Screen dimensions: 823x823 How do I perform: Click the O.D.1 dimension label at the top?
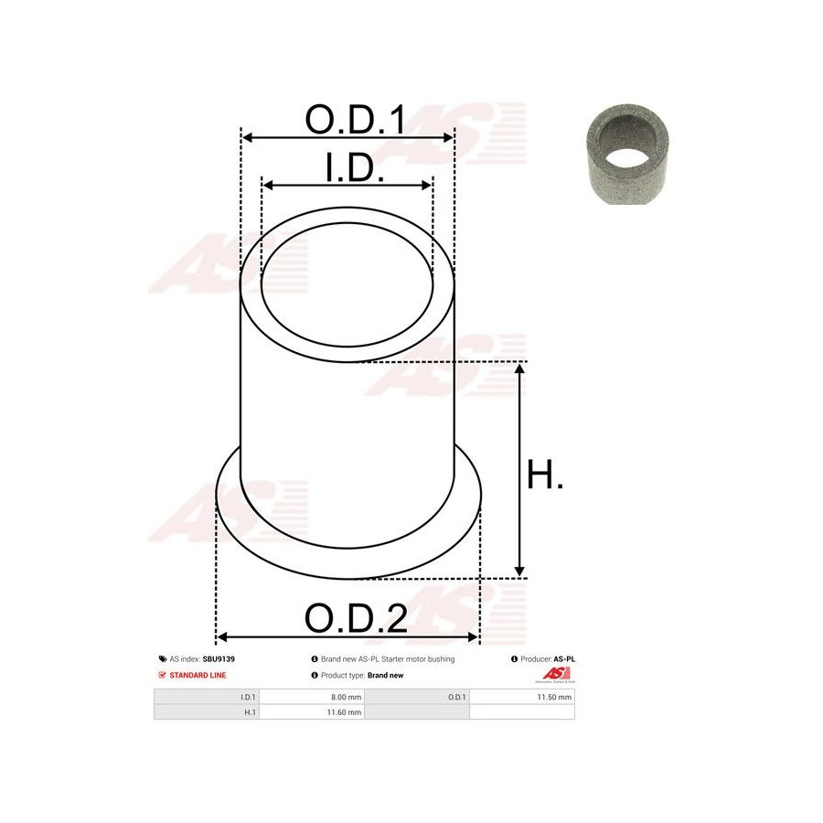[x=355, y=119]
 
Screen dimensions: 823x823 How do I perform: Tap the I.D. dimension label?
[x=355, y=168]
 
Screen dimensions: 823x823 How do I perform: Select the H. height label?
[x=544, y=475]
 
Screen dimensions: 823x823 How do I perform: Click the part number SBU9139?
[x=219, y=658]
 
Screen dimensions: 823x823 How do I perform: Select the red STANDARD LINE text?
[x=198, y=675]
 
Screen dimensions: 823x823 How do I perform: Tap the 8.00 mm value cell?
[x=312, y=697]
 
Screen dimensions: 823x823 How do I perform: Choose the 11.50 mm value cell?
[x=522, y=697]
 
